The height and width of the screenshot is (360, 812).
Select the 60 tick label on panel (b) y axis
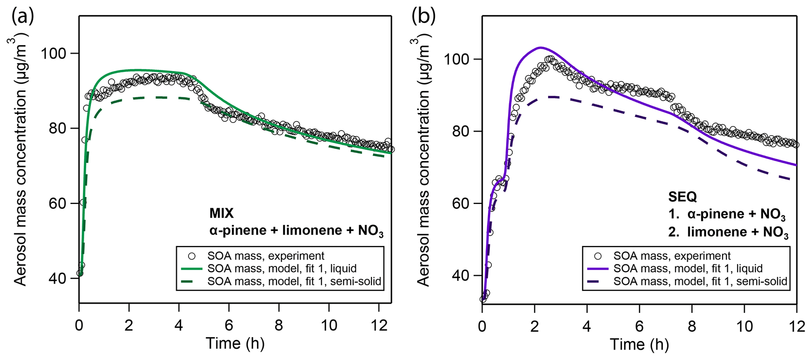[460, 204]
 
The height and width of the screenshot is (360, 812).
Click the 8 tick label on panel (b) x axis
[692, 325]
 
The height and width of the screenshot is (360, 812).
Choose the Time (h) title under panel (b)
[639, 344]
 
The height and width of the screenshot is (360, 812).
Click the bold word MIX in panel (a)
[222, 213]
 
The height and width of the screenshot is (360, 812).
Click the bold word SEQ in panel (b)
[682, 197]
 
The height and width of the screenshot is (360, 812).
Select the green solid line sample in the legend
[192, 269]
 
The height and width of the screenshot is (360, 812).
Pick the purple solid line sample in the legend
[598, 269]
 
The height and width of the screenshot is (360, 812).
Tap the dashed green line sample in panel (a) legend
[192, 281]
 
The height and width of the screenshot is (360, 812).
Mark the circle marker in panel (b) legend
[598, 256]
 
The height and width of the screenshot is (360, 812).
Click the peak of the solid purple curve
[541, 48]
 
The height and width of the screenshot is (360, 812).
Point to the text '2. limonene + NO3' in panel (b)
[728, 232]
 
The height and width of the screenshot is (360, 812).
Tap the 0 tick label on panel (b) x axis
[482, 325]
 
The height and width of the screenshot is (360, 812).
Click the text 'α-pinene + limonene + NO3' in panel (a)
[296, 231]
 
